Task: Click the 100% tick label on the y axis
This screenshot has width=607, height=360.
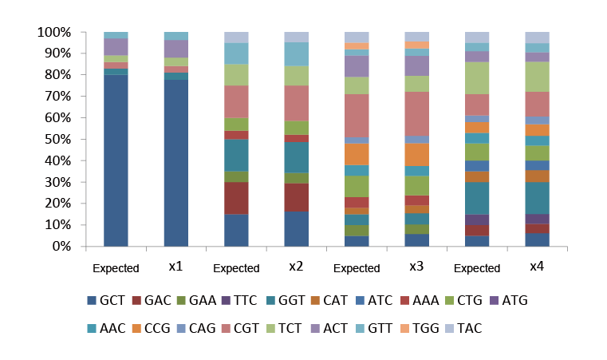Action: pyautogui.click(x=53, y=33)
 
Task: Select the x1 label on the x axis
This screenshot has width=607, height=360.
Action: pyautogui.click(x=175, y=266)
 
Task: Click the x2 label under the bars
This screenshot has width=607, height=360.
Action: pyautogui.click(x=296, y=266)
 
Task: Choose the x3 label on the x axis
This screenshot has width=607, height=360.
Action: pyautogui.click(x=416, y=266)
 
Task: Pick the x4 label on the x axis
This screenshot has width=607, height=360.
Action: pyautogui.click(x=537, y=266)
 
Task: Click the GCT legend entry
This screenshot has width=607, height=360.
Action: pyautogui.click(x=108, y=301)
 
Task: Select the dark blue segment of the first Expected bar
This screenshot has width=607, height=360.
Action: pyautogui.click(x=116, y=160)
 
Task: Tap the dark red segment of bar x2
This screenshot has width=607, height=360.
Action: pyautogui.click(x=297, y=197)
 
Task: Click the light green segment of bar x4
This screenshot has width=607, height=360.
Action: pyautogui.click(x=538, y=77)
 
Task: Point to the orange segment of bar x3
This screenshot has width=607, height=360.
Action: pyautogui.click(x=416, y=154)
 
